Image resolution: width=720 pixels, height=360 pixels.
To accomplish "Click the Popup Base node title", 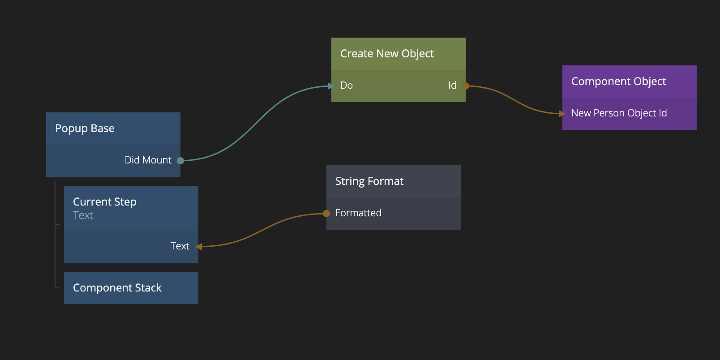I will coord(85,129).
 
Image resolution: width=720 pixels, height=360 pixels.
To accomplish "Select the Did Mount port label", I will coord(148,160).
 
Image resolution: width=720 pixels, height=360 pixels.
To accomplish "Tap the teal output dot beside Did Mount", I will coord(180,161).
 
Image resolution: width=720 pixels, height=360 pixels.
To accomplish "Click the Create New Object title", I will coord(387,54).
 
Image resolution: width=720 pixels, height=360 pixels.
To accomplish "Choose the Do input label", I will coord(347,86).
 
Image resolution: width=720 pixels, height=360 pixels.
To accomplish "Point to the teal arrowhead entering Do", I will coord(331,86).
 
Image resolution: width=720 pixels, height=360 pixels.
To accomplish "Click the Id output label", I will coord(452,86).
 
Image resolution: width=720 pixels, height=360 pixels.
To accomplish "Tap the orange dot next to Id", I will coord(466,86).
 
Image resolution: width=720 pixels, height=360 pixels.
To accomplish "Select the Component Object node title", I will coord(618,81).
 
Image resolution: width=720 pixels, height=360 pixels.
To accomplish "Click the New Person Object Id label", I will coord(619,113).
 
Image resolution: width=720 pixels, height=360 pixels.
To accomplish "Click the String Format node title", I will coord(369,181).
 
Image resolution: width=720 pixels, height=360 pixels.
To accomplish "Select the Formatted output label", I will coord(358,213).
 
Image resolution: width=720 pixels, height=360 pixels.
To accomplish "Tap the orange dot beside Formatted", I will coord(326,214).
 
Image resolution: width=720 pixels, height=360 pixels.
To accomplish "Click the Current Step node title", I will coord(105,202).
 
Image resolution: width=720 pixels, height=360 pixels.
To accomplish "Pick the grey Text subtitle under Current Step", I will coord(83,215).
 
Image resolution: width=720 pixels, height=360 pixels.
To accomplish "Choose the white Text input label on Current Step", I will coord(180,246).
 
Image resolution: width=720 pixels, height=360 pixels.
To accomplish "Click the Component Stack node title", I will coord(117,288).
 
